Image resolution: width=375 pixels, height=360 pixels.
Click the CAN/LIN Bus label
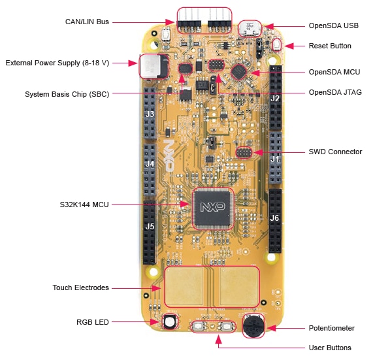coord(87,22)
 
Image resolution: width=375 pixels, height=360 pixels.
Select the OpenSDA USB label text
coord(333,26)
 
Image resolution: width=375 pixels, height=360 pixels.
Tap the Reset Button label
coord(330,46)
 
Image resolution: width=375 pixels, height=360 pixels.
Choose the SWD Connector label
coord(335,152)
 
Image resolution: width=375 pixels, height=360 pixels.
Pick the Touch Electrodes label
coord(80,287)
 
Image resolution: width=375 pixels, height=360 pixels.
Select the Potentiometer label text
coord(331,328)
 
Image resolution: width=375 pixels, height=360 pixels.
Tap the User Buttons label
coord(330,348)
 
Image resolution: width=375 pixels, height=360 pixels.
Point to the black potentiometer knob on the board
coord(253,324)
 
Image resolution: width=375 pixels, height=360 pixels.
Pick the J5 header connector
coord(150,229)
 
